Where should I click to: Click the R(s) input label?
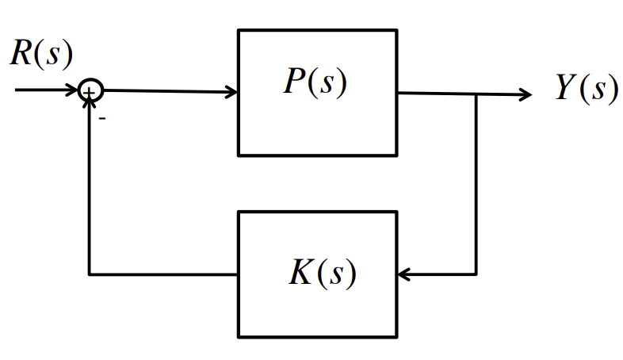[41, 52]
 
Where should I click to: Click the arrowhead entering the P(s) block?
[232, 92]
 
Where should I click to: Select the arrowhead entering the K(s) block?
[403, 275]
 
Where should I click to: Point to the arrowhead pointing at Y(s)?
[526, 94]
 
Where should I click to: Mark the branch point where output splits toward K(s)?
[476, 94]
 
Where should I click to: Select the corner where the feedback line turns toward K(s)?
[476, 275]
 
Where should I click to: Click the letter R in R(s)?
[21, 52]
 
